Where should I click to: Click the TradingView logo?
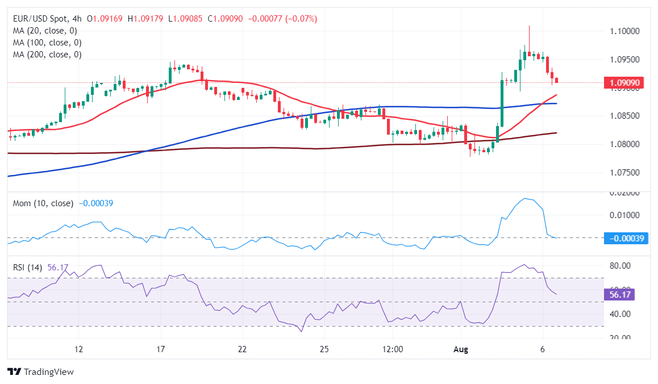41,372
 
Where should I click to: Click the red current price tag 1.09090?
624,83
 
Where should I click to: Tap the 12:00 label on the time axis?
393,349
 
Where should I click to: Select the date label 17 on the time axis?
161,349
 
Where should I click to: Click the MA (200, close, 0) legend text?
47,55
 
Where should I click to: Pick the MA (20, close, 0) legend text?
45,31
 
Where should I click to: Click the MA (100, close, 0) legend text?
47,43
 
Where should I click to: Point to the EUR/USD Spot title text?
40,19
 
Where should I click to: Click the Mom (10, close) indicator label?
43,203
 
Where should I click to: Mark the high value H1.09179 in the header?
145,19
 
